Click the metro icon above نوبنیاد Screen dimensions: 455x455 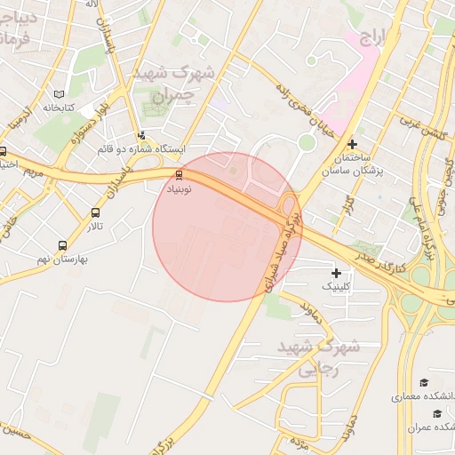[x=180, y=175]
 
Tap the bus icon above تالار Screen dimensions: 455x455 [x=95, y=213]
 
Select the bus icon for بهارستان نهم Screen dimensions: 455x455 [x=62, y=245]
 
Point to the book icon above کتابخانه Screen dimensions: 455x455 [x=59, y=93]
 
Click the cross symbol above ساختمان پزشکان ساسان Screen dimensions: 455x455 [x=353, y=143]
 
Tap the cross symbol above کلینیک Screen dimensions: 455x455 [x=336, y=274]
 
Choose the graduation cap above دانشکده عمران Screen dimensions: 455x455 [x=436, y=413]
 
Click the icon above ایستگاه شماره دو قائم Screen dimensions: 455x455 [x=142, y=135]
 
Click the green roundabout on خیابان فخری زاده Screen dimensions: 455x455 [x=307, y=142]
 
